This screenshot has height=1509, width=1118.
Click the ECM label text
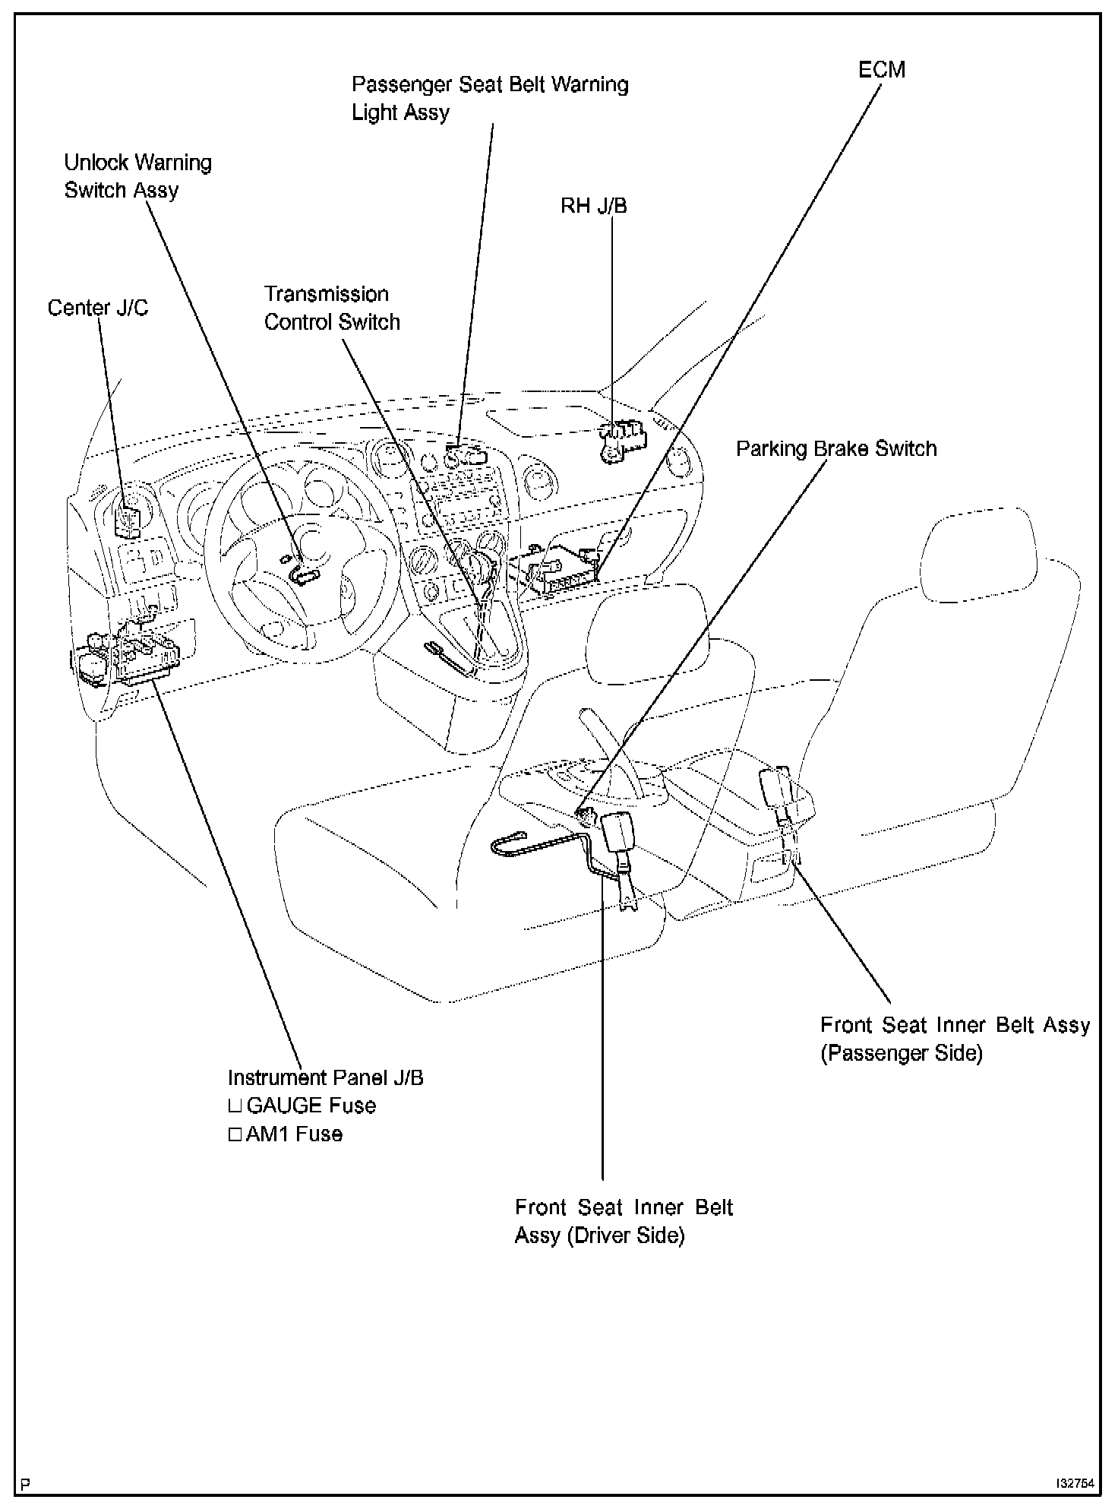[881, 70]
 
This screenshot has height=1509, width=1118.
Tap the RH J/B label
[593, 206]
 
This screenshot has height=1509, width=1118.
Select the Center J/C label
[98, 308]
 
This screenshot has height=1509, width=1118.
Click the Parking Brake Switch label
[836, 448]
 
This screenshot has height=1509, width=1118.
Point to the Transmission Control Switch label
[332, 308]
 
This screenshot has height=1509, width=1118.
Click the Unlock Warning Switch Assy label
[137, 176]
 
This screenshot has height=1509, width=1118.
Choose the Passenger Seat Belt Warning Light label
[490, 98]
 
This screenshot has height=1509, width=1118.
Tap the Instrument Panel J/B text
[325, 1077]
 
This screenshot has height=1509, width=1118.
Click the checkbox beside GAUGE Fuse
[235, 1106]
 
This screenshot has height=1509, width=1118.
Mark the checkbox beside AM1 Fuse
[235, 1135]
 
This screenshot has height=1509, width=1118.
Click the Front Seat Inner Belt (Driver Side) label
[624, 1221]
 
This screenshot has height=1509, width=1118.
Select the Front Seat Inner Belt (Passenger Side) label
[955, 1039]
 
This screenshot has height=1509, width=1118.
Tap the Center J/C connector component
[127, 519]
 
